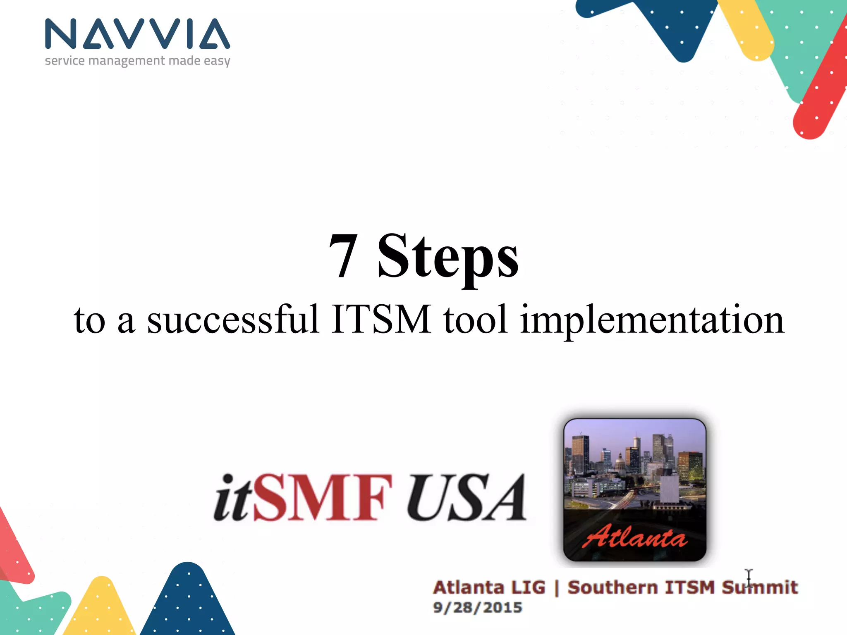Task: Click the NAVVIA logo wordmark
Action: tap(137, 34)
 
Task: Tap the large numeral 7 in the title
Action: tap(343, 256)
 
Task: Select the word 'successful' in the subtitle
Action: tap(233, 319)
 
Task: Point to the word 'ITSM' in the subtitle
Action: tap(381, 319)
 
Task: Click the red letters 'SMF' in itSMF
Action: tap(323, 498)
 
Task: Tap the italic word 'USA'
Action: tap(467, 498)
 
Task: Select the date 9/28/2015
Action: tap(477, 607)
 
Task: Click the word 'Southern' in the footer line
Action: tap(613, 587)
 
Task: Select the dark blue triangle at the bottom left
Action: tap(188, 604)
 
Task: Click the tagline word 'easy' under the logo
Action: tap(217, 61)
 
